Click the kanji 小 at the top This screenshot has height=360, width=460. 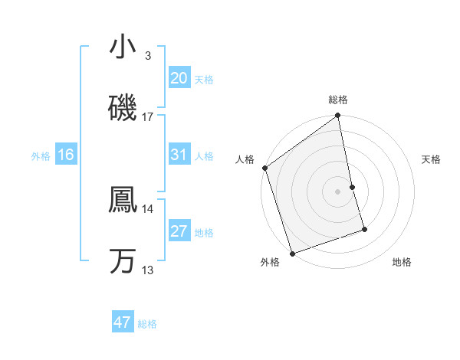[x=123, y=47]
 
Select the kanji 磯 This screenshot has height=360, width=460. [x=123, y=108]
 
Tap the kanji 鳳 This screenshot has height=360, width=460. [x=123, y=200]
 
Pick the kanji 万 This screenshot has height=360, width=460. [x=123, y=261]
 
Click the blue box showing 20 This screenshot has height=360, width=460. [x=179, y=77]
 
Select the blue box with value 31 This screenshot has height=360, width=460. [x=179, y=155]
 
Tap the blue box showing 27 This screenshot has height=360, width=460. [x=179, y=231]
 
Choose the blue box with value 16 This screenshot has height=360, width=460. [x=66, y=155]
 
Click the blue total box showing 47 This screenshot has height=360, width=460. [x=123, y=322]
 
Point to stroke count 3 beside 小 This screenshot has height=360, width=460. [x=147, y=56]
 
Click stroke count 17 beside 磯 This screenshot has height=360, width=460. [x=148, y=117]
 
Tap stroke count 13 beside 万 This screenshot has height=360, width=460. [x=148, y=270]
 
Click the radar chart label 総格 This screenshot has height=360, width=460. [x=338, y=100]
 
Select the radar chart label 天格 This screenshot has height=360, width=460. [x=432, y=159]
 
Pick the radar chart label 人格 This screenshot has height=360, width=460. [x=245, y=159]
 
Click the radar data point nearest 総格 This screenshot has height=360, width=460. [x=338, y=116]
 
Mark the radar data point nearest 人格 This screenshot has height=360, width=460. [x=265, y=168]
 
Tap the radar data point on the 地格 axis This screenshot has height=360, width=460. [x=364, y=229]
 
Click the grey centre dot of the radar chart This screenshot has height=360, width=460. [x=338, y=191]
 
